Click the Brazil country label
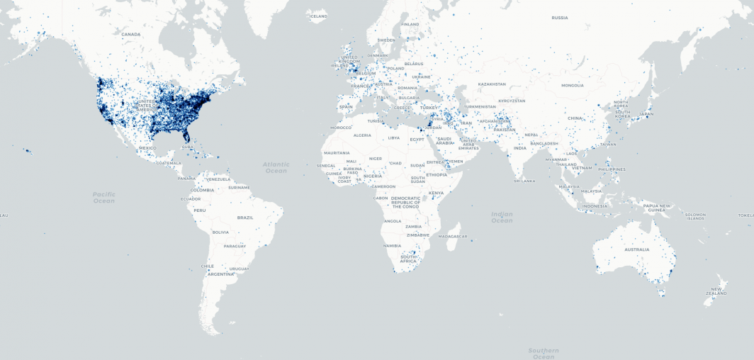pyautogui.click(x=245, y=218)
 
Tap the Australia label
pyautogui.click(x=636, y=249)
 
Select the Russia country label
pyautogui.click(x=560, y=18)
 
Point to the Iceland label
pyautogui.click(x=319, y=16)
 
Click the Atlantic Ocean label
pyautogui.click(x=276, y=167)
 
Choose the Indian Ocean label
pyautogui.click(x=502, y=217)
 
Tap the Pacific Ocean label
pyautogui.click(x=103, y=197)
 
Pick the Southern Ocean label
pyautogui.click(x=544, y=353)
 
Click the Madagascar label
pyautogui.click(x=453, y=236)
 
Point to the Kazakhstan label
pyautogui.click(x=492, y=84)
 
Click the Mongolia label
pyautogui.click(x=572, y=85)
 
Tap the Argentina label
pyautogui.click(x=221, y=274)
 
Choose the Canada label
pyautogui.click(x=131, y=34)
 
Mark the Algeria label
pyautogui.click(x=362, y=135)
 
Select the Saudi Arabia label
pyautogui.click(x=444, y=140)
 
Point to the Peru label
pyautogui.click(x=200, y=210)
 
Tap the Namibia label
pyautogui.click(x=392, y=245)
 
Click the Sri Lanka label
pyautogui.click(x=524, y=181)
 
